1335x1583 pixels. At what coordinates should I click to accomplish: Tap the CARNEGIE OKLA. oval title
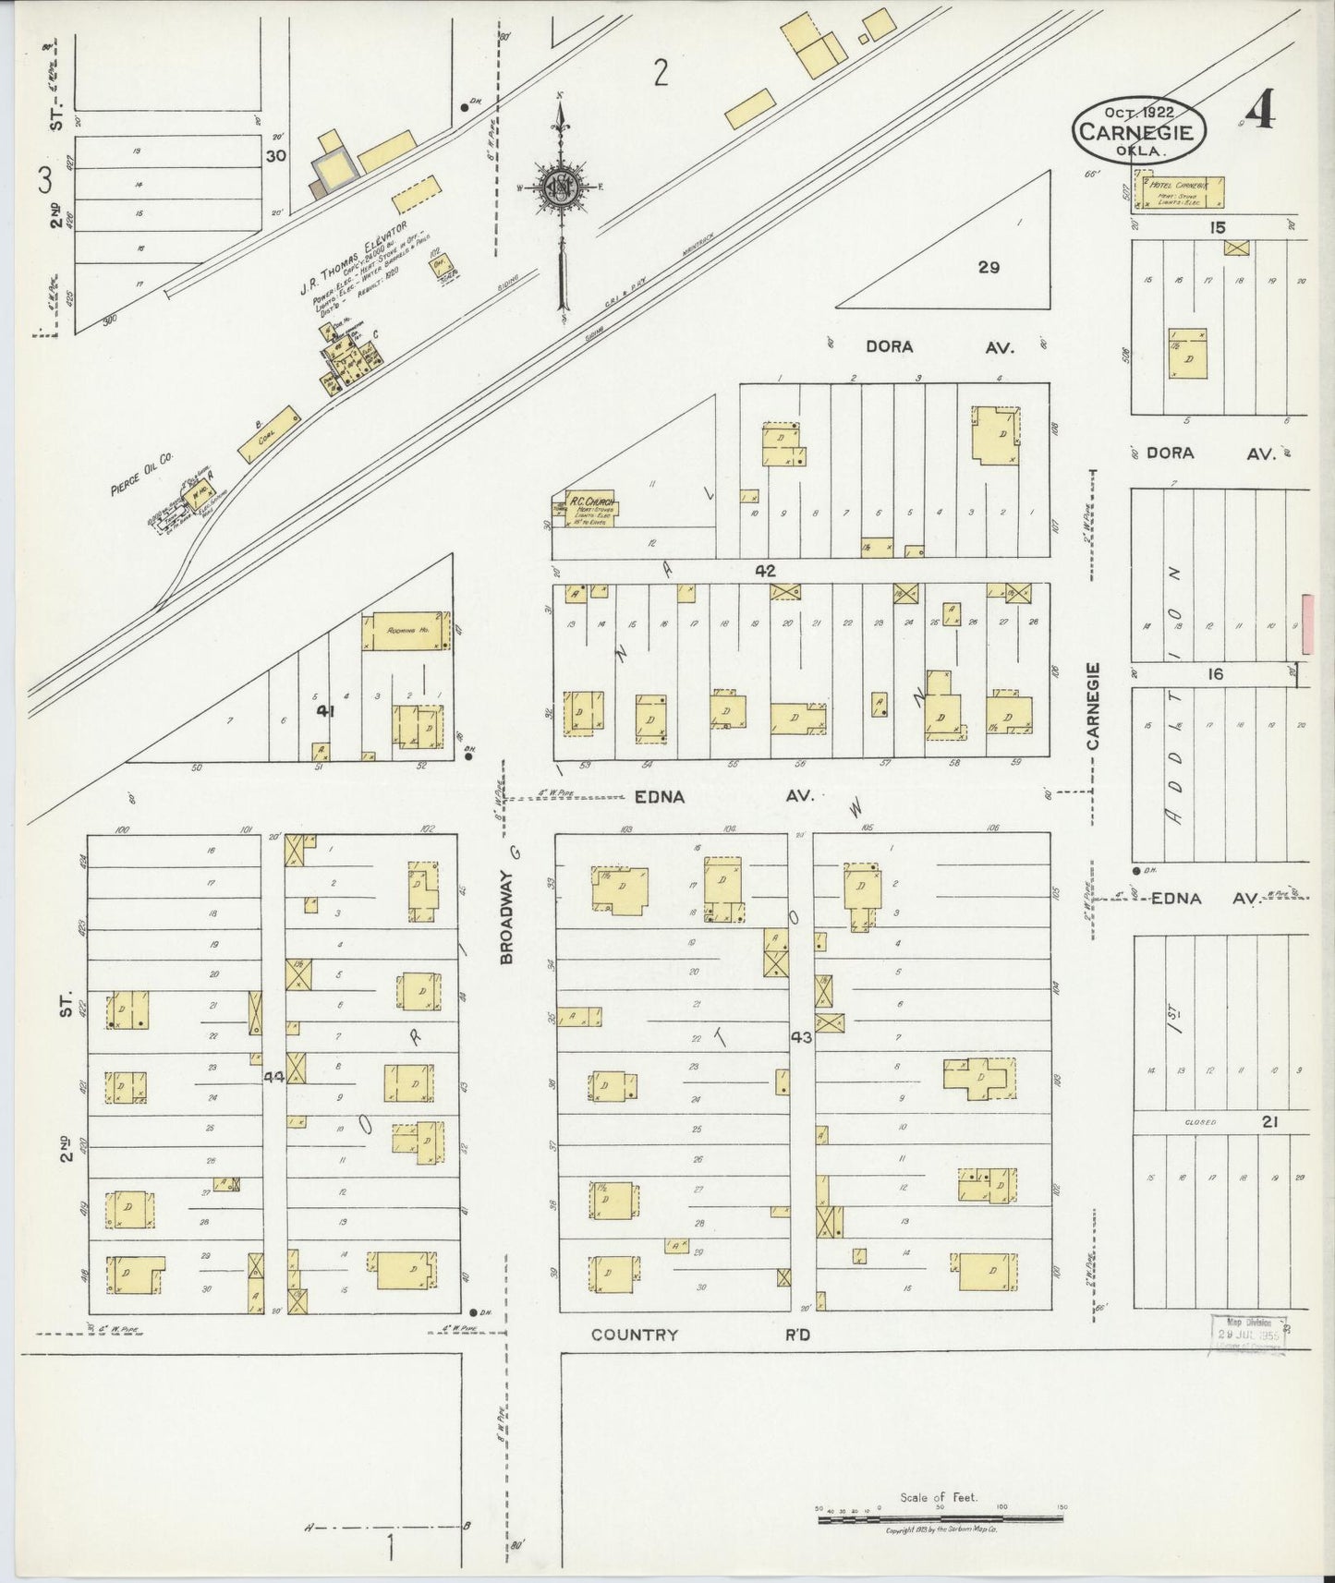coord(1139,130)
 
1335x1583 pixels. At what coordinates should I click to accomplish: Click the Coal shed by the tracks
coord(270,434)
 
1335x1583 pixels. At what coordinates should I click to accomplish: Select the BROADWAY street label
coord(507,905)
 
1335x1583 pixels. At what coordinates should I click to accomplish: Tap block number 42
coord(765,570)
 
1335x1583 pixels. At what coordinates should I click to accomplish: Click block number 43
coord(801,1037)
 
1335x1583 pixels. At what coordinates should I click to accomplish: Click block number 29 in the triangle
coord(989,268)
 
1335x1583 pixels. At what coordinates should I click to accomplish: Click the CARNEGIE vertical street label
coord(1093,707)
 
